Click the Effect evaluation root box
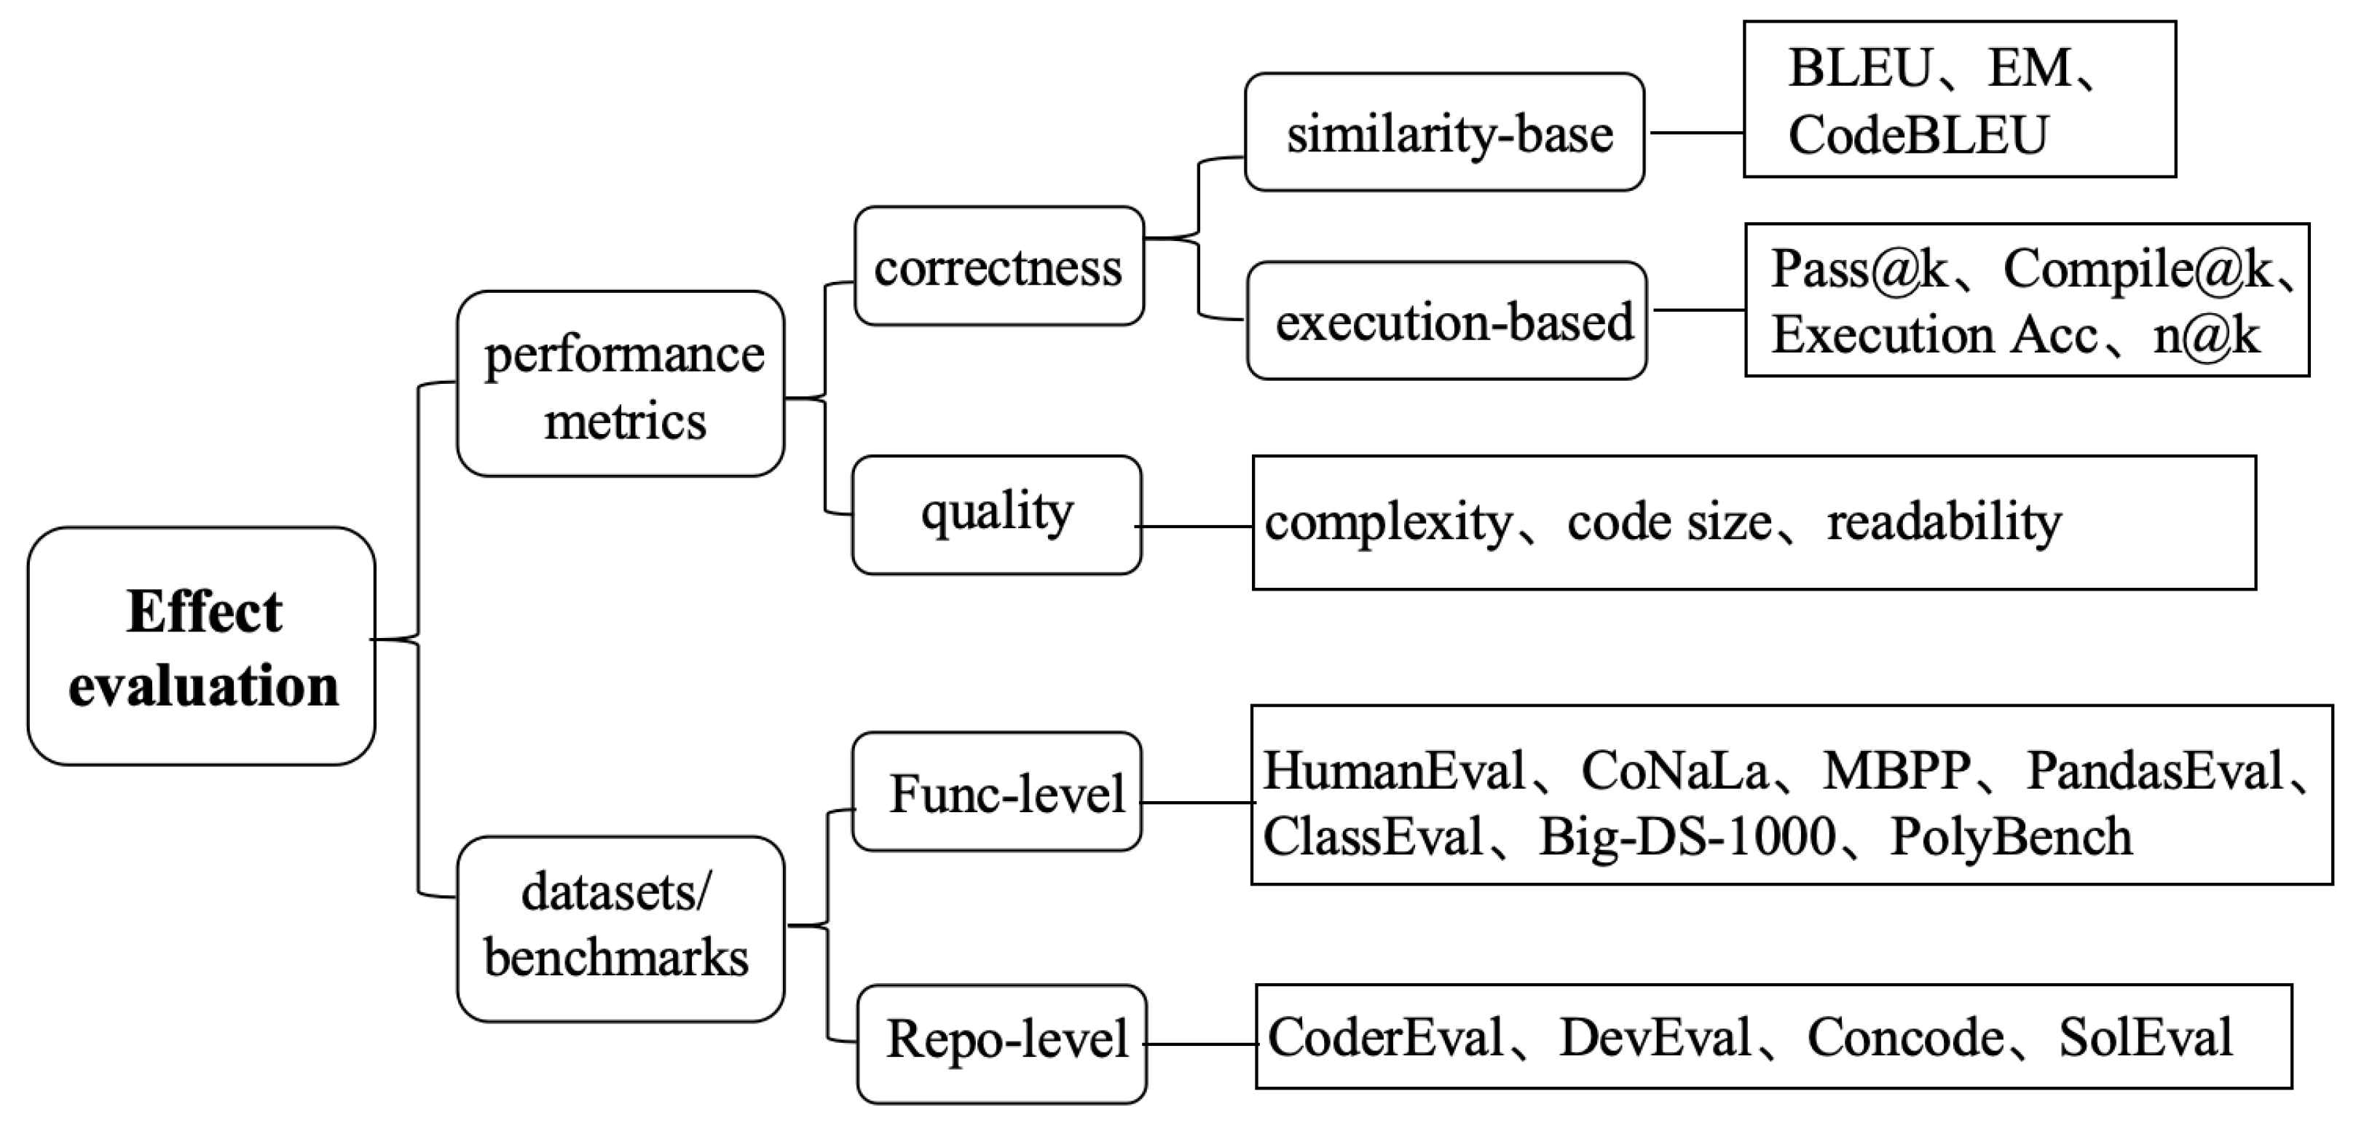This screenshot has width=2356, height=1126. point(201,647)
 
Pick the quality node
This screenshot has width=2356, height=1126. point(997,515)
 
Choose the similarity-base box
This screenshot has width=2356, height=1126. point(1445,133)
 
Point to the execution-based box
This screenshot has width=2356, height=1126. point(1448,321)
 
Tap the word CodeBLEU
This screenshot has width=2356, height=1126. point(1918,135)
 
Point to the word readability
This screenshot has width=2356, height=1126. point(1945,522)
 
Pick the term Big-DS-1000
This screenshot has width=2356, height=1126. point(1687,837)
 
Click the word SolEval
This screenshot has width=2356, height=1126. point(2145,1037)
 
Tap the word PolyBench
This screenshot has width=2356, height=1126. point(2012,837)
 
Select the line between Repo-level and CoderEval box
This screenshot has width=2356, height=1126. point(1201,1044)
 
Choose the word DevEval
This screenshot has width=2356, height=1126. point(1655,1037)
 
